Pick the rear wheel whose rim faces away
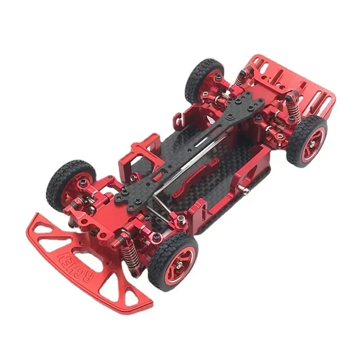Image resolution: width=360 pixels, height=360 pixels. tap(203, 78)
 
